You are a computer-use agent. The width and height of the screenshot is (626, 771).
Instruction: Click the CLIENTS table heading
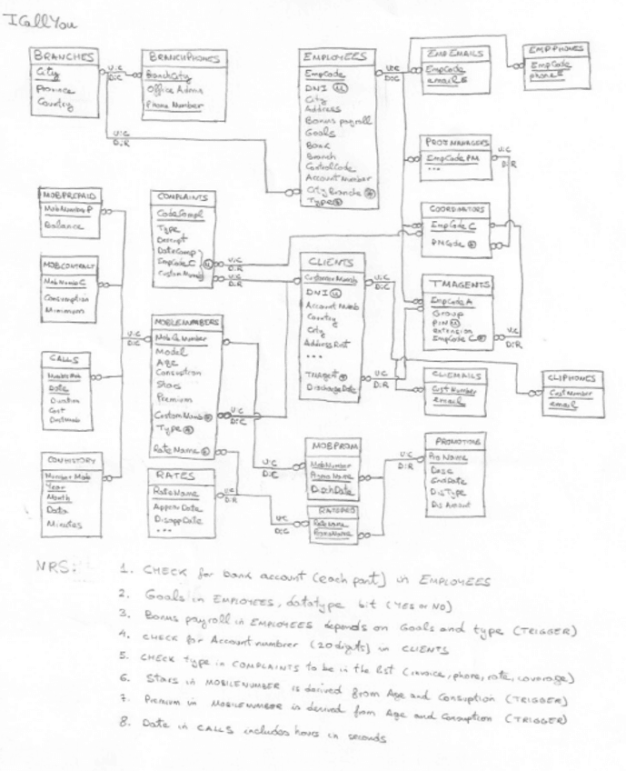(331, 262)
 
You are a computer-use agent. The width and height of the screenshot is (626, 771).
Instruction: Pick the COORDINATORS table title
(457, 209)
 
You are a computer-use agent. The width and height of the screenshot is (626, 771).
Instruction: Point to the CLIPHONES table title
(570, 376)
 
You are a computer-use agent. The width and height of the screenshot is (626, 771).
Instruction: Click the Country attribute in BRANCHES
(54, 105)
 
